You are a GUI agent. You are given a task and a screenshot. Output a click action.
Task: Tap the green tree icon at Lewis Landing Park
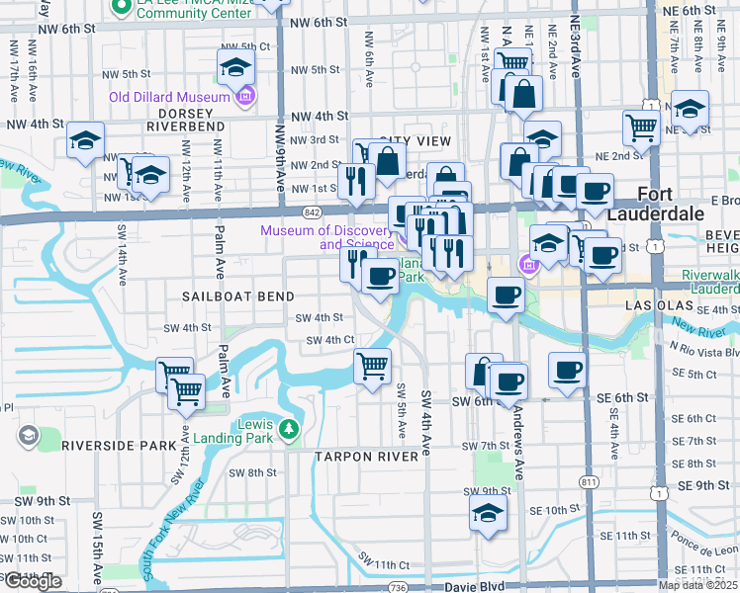coord(288,428)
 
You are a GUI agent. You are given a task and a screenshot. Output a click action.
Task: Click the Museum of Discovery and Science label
coord(329,237)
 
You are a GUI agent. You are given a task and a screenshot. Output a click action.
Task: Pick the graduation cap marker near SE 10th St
coord(488,514)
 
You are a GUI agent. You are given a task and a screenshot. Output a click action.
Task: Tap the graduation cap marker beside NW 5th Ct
coord(235,67)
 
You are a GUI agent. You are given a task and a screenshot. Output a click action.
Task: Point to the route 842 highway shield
coord(313,212)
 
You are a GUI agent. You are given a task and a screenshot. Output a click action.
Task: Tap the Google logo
coord(32,581)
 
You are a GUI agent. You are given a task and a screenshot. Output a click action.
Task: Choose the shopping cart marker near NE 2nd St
coord(641,127)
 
